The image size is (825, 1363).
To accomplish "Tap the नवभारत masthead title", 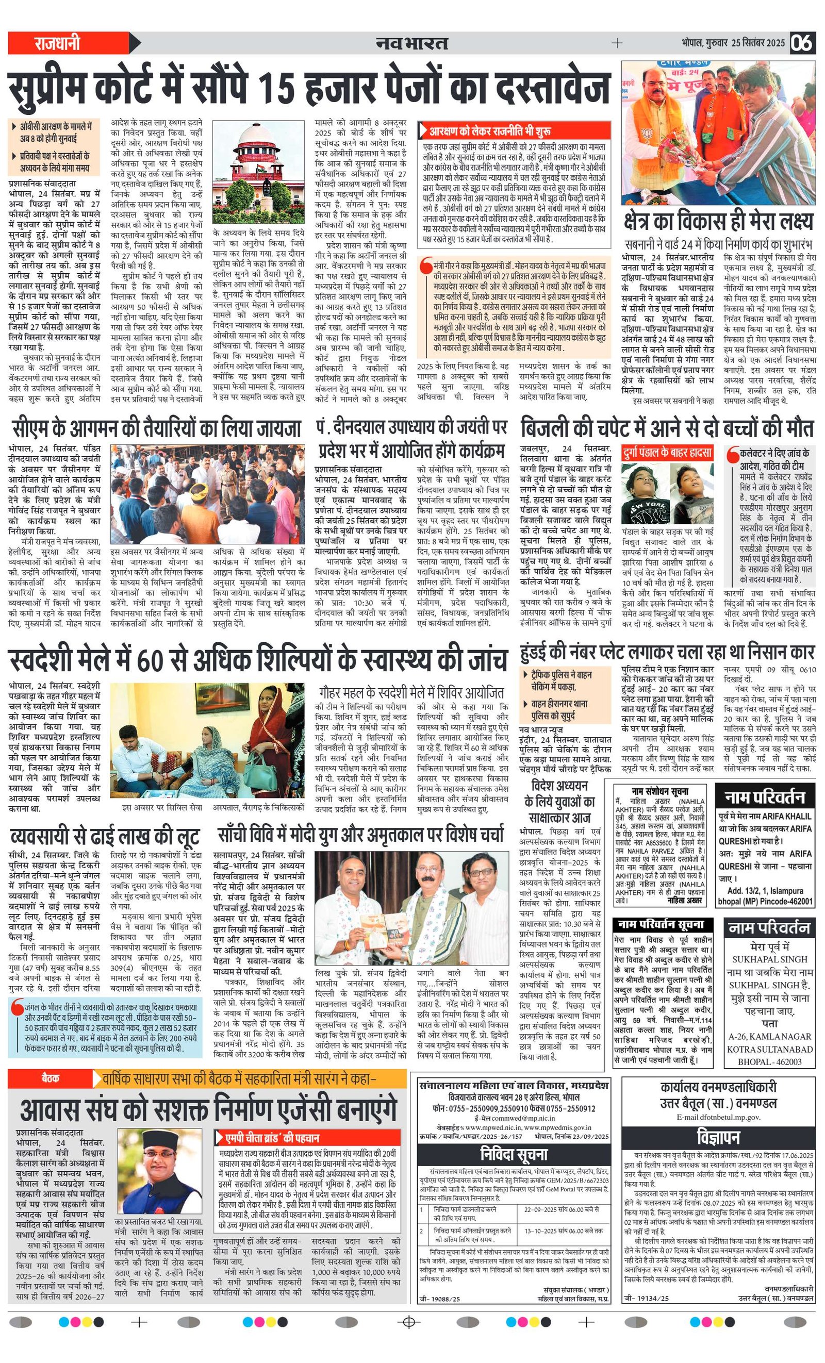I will [x=411, y=43].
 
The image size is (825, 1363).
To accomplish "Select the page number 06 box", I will [x=802, y=43].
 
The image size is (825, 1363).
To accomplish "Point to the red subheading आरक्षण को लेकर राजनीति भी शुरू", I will [x=489, y=131].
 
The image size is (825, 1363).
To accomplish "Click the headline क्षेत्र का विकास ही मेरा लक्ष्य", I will [x=718, y=222].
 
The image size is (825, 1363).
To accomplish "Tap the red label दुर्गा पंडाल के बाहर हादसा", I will [x=667, y=453].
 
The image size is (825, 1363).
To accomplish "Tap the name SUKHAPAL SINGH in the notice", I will [x=769, y=959].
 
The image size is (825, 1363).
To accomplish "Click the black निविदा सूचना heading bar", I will [x=514, y=1154].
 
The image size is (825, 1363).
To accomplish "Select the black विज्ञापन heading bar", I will [x=718, y=1137].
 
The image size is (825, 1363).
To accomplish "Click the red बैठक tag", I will [x=50, y=1077].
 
